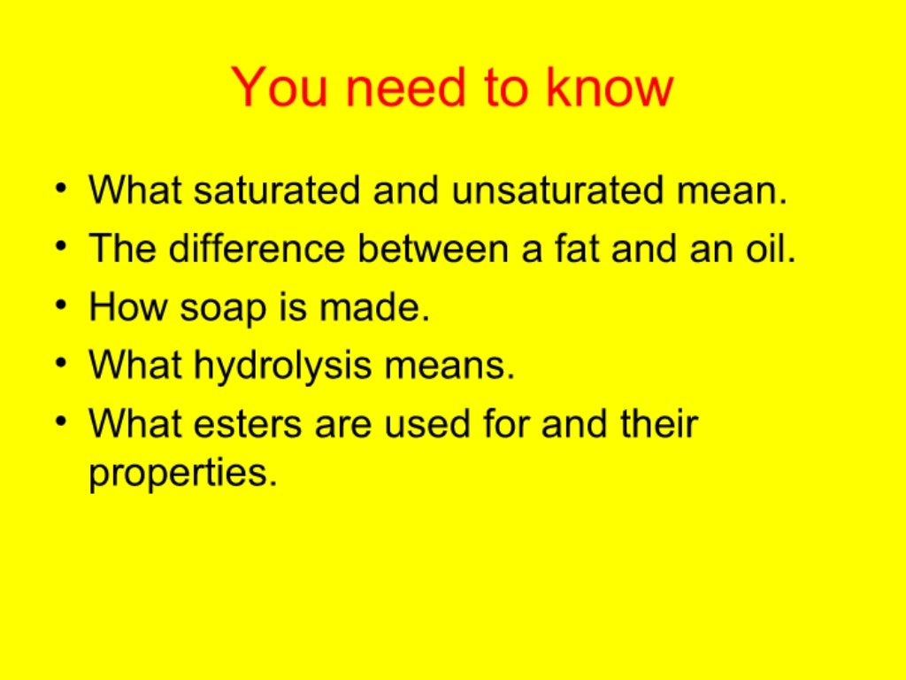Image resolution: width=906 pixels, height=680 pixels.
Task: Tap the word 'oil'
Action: (767, 250)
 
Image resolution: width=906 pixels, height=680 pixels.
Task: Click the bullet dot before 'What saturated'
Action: (59, 189)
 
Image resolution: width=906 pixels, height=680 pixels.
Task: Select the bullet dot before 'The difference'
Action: (59, 248)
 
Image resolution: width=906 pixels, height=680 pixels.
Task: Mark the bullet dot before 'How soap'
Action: (59, 306)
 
